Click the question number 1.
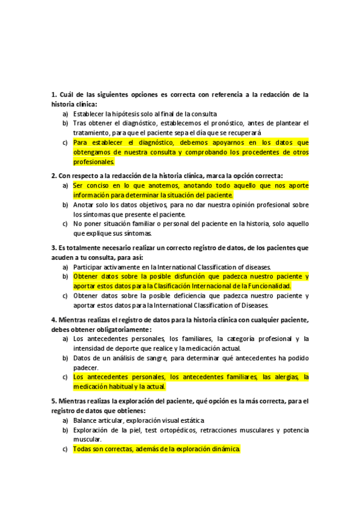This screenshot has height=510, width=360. click(53, 95)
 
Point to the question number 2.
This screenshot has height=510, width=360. click(53, 176)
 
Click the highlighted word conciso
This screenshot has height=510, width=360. click(97, 185)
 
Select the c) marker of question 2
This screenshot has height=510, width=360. click(65, 224)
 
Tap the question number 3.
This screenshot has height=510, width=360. click(53, 248)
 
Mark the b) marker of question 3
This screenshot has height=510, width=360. click(65, 276)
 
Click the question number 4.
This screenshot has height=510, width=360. click(53, 319)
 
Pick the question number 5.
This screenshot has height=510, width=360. click(53, 401)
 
